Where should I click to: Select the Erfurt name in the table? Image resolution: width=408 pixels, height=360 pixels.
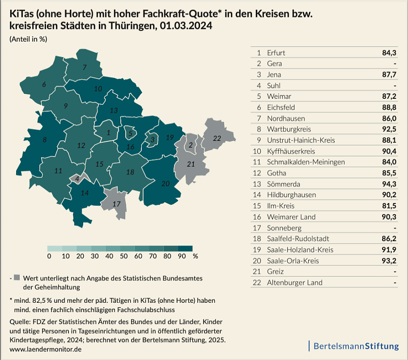pyautogui.click(x=276, y=52)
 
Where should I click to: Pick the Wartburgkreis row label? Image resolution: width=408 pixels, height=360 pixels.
pyautogui.click(x=290, y=129)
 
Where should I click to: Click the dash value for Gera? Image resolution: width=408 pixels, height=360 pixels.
pyautogui.click(x=394, y=64)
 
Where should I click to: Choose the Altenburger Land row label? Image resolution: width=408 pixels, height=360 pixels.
pyautogui.click(x=295, y=283)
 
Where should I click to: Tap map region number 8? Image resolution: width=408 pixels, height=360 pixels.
pyautogui.click(x=45, y=140)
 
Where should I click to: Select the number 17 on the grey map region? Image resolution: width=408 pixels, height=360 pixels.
pyautogui.click(x=116, y=203)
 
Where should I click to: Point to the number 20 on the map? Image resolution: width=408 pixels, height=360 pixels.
pyautogui.click(x=165, y=183)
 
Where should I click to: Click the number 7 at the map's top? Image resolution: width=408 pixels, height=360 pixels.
pyautogui.click(x=85, y=67)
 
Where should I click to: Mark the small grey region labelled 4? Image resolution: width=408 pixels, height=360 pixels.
pyautogui.click(x=77, y=179)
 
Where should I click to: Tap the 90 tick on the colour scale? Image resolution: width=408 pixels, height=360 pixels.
pyautogui.click(x=181, y=256)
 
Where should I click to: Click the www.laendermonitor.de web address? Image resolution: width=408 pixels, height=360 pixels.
pyautogui.click(x=45, y=349)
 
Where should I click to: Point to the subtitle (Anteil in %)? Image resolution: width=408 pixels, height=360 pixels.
pyautogui.click(x=28, y=40)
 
